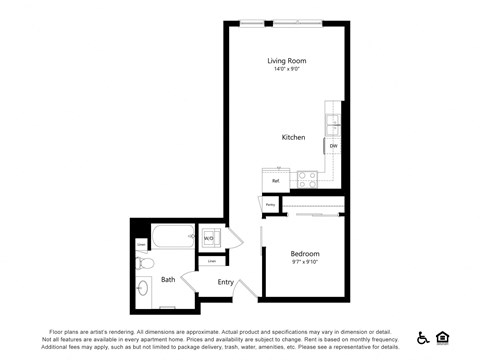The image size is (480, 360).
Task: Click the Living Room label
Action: [285, 60]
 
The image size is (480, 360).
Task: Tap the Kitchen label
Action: [293, 137]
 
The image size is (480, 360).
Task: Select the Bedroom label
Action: [305, 254]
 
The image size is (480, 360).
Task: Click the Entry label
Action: [226, 282]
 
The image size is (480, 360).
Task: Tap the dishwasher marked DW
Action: [333, 146]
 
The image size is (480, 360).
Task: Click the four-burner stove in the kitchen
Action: [307, 180]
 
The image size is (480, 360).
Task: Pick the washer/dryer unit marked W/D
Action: [209, 238]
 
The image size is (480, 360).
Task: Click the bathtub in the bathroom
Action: [174, 238]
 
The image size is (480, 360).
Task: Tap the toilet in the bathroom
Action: [143, 263]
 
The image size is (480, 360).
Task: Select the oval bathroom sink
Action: [144, 290]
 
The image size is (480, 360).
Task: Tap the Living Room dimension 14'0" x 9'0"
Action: [285, 69]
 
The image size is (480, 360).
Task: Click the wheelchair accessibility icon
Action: [423, 338]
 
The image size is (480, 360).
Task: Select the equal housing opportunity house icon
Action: [443, 338]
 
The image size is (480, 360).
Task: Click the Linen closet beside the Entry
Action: [212, 261]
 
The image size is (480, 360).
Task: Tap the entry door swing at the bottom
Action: [244, 287]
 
